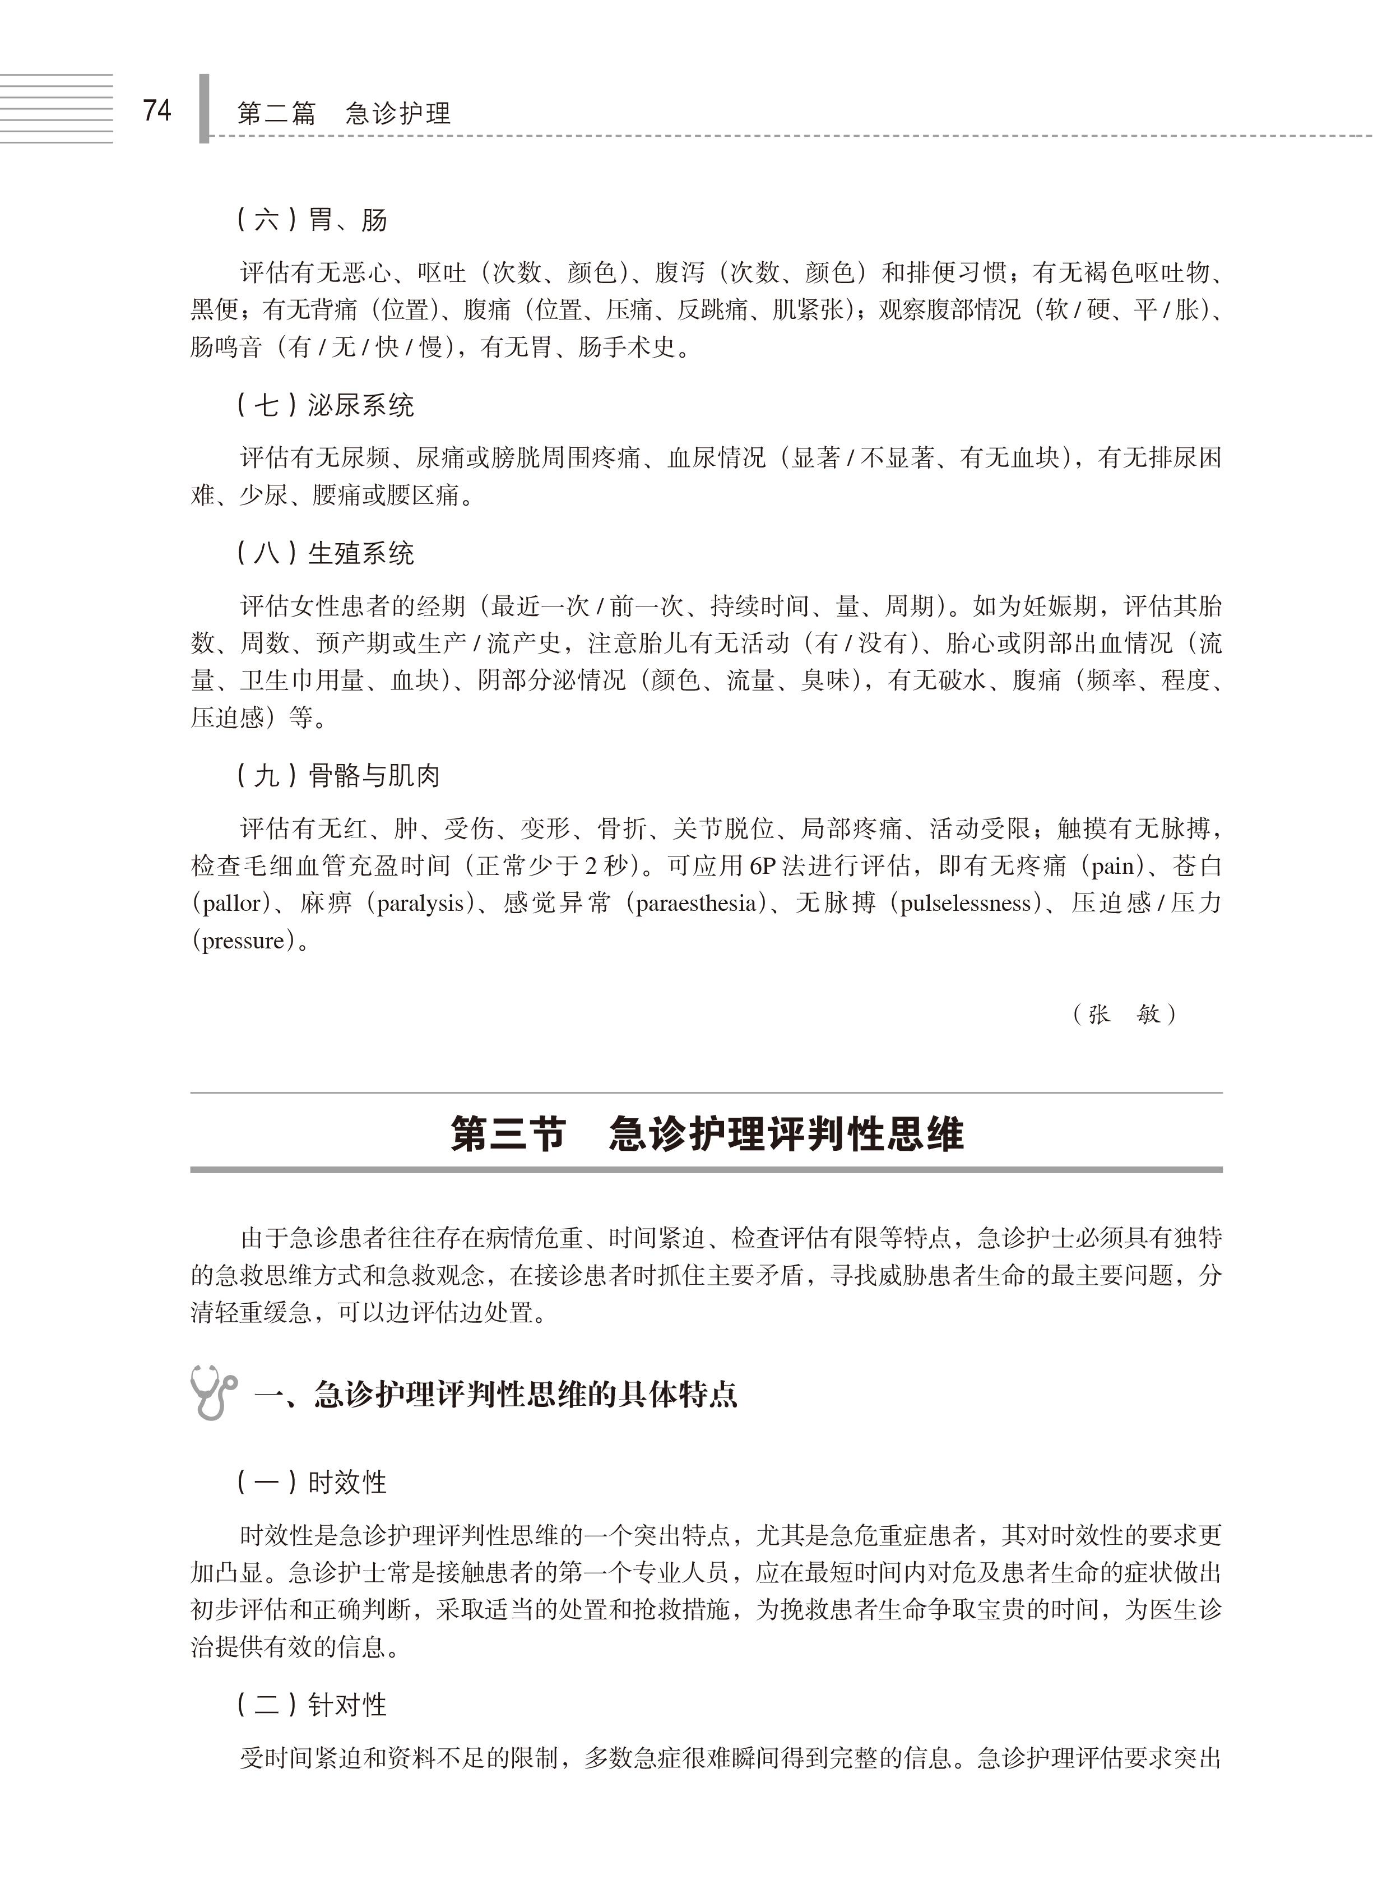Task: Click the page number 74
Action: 156,111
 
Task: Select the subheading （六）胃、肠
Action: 312,220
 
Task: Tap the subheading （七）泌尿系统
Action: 324,406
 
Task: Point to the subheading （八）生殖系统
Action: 324,553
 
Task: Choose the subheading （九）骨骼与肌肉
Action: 337,776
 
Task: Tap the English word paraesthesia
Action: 695,904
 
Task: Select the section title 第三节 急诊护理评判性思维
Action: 706,1135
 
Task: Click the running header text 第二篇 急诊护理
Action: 344,113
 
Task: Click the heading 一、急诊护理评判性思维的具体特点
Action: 495,1394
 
